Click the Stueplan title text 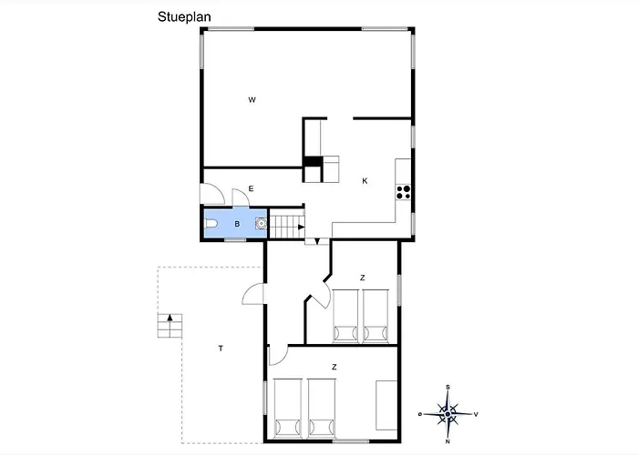pos(184,17)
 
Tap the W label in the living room pos(252,100)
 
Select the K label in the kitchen pos(365,181)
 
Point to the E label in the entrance pos(251,188)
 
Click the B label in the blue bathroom pos(237,224)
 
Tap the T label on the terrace pos(221,349)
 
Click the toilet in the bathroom pos(211,224)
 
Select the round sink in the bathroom pos(261,224)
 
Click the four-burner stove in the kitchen pos(403,192)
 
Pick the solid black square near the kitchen pos(314,162)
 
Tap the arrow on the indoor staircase pos(301,227)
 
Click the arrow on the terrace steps pos(170,318)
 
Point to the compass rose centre pos(448,414)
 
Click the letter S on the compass pos(448,387)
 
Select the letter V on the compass pos(476,414)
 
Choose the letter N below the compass pos(448,441)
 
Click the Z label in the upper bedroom pos(362,278)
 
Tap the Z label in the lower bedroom pos(334,367)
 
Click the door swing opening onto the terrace pos(253,293)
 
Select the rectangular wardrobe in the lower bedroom pos(386,405)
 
